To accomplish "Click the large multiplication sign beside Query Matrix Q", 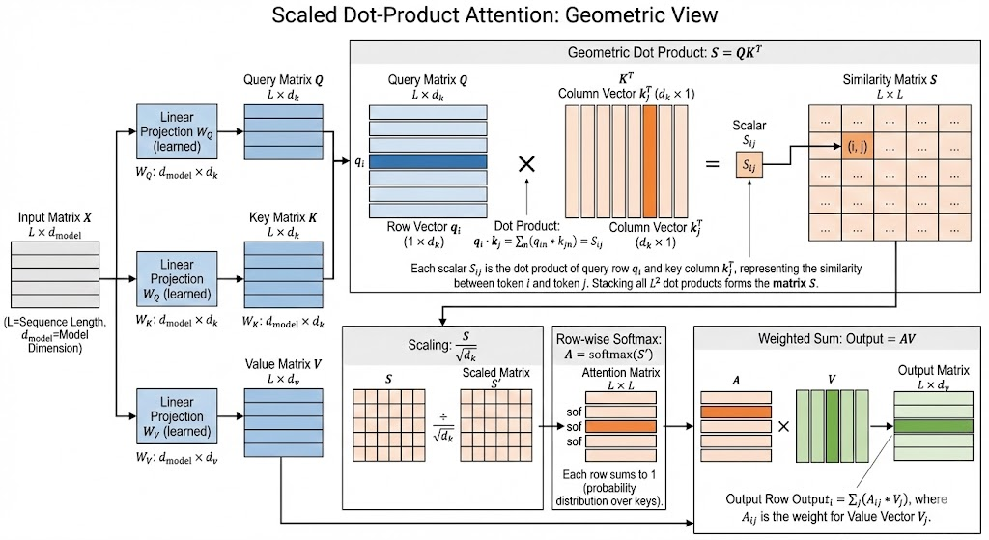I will point(527,163).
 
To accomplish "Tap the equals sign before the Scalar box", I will point(712,164).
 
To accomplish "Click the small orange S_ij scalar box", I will point(750,166).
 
